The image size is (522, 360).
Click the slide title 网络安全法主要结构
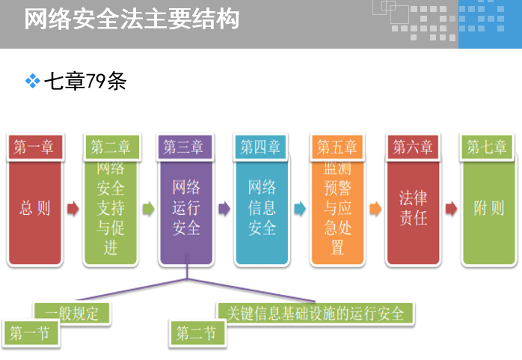pos(132,19)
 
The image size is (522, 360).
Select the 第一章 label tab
pos(34,147)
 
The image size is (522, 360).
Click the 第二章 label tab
pos(111,147)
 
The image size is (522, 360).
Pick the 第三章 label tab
pos(185,147)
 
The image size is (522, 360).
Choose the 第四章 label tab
pos(260,147)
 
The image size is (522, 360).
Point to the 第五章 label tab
pos(337,147)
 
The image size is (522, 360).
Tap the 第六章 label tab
pos(413,147)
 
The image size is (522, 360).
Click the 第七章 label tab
pos(488,147)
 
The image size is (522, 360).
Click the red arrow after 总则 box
pos(73,209)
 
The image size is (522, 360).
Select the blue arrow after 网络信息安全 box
pos(300,209)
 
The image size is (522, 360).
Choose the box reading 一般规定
pos(73,313)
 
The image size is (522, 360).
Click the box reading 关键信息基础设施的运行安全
pos(316,313)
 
